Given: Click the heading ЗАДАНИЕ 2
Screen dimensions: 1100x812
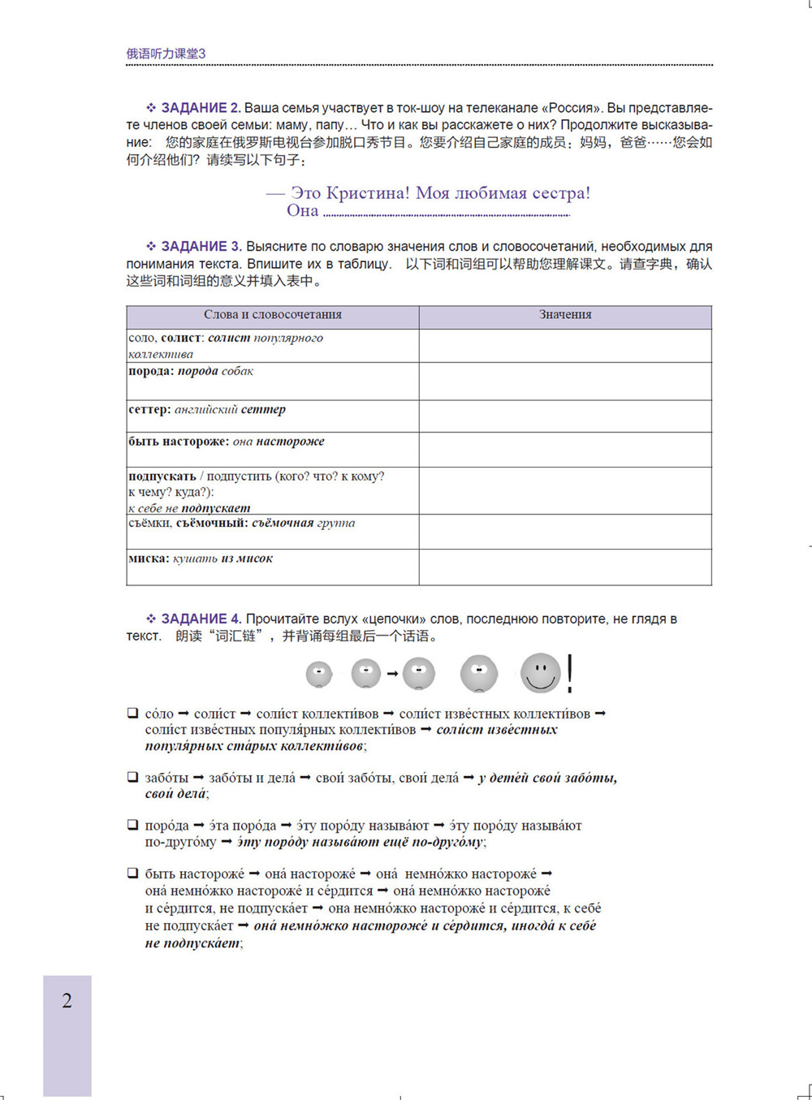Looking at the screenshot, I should (200, 108).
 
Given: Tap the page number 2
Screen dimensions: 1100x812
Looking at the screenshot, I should (67, 1001).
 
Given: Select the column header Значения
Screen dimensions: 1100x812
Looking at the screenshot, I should (565, 315).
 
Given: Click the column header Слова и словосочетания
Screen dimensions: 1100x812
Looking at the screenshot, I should (273, 315).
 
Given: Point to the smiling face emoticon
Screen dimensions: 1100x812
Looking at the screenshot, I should (541, 673).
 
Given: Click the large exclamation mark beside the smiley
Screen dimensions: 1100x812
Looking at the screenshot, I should (570, 673).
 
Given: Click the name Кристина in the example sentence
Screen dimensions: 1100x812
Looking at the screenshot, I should (368, 193).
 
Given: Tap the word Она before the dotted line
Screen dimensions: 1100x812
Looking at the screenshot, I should (302, 211).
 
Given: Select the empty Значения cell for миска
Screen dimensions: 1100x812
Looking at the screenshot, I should (565, 567).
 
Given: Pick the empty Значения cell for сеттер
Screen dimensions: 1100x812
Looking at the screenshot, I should (565, 416).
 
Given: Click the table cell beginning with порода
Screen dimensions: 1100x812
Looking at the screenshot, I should (273, 380).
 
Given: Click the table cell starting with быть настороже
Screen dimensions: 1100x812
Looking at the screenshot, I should (273, 449).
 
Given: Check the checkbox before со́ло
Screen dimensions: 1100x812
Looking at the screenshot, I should (132, 714).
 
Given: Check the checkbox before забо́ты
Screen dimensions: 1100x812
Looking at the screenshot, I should (132, 778).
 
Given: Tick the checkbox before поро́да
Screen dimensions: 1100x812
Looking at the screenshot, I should (132, 826).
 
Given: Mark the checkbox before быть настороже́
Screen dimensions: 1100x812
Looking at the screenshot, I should (132, 874).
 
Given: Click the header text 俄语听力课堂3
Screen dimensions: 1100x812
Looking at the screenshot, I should (166, 54).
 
